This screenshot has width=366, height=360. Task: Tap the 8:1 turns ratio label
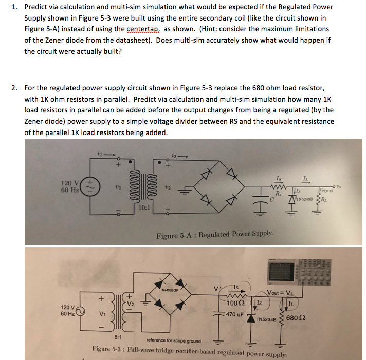pos(118,336)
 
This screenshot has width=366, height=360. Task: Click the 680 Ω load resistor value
pos(297,317)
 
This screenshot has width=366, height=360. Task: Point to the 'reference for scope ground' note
pos(173,340)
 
